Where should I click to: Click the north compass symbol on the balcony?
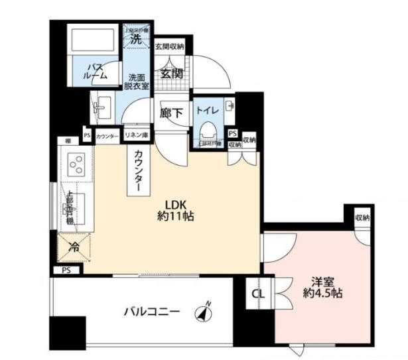[202, 312]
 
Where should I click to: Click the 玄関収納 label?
[169, 47]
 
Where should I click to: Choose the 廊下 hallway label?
[171, 113]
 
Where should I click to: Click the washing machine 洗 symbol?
[136, 38]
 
